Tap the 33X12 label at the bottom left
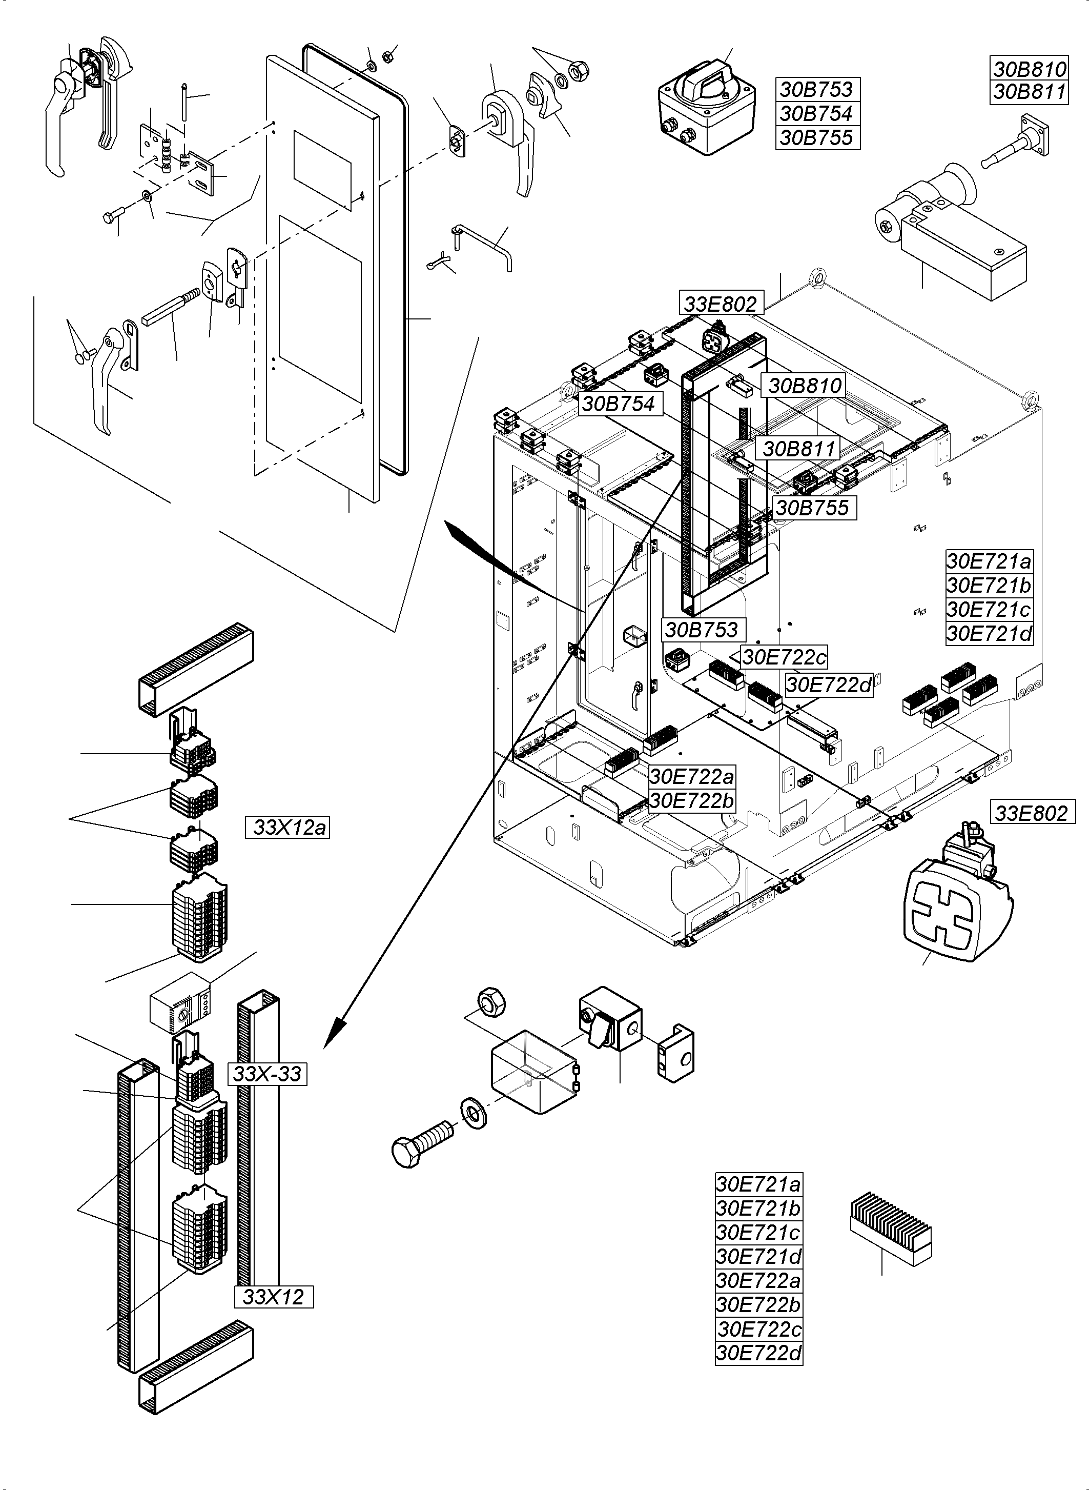pyautogui.click(x=274, y=1297)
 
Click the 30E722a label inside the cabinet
pyautogui.click(x=691, y=776)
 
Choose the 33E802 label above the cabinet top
pyautogui.click(x=721, y=304)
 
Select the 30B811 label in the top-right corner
pyautogui.click(x=1029, y=92)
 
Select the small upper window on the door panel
pyautogui.click(x=322, y=167)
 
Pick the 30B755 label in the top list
pyautogui.click(x=817, y=138)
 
